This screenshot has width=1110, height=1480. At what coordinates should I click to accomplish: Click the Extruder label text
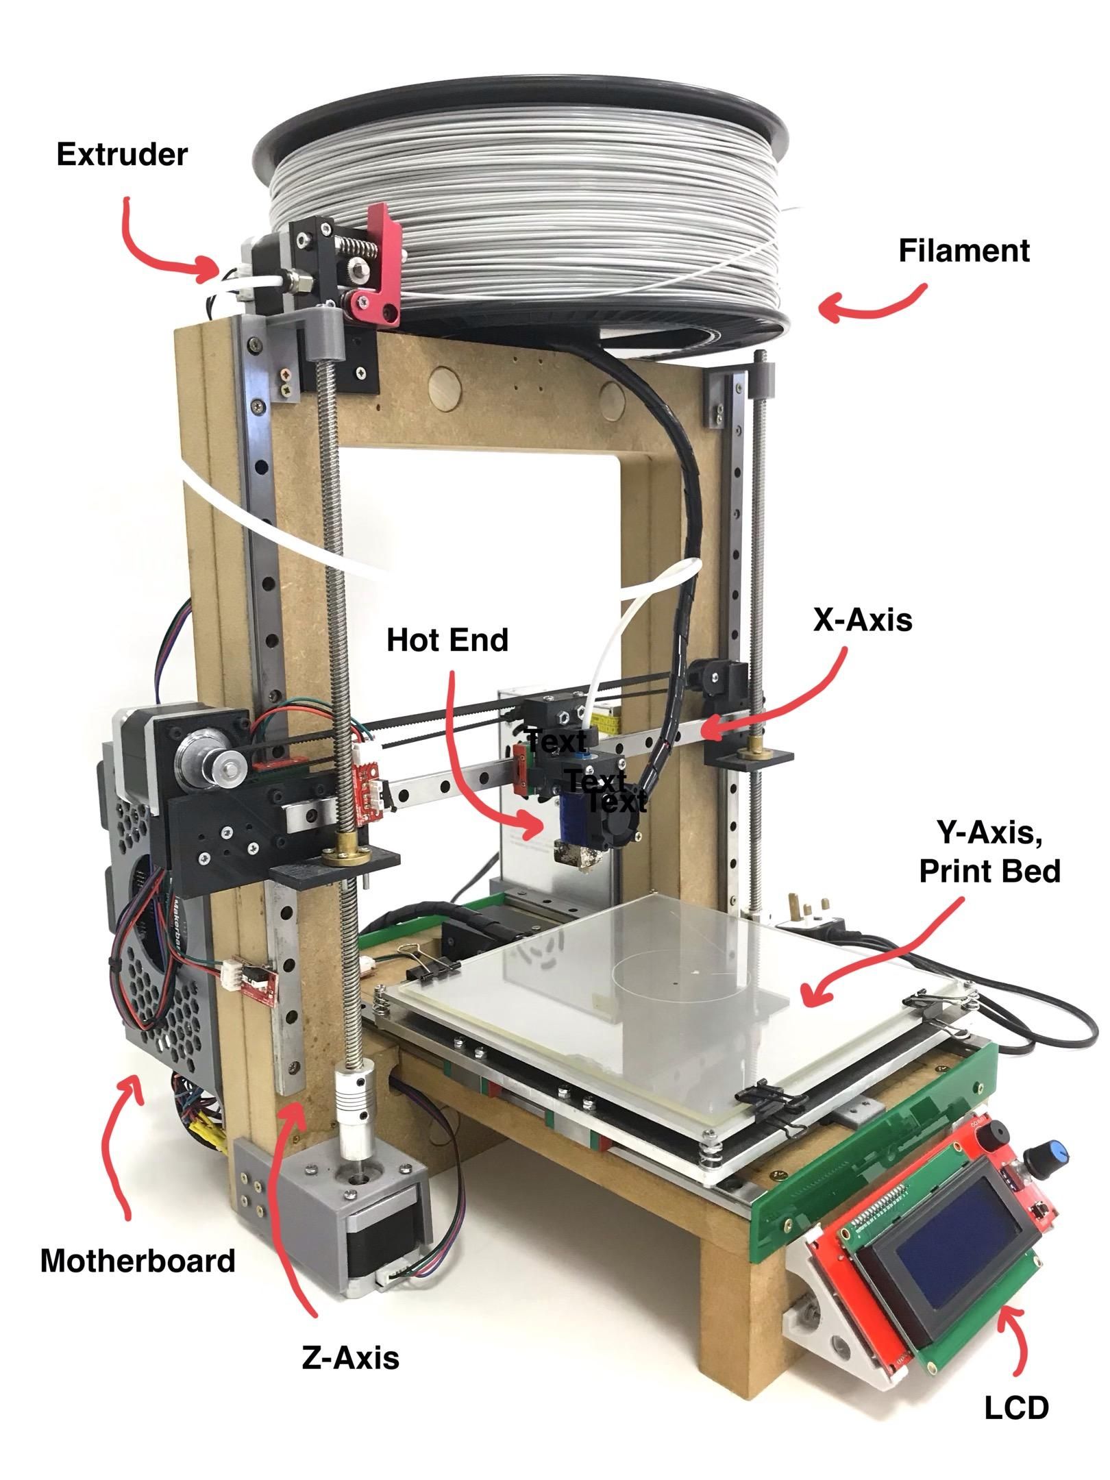[x=121, y=155]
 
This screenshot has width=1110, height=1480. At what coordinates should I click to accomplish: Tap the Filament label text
[x=963, y=251]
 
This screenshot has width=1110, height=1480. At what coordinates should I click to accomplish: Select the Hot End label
[x=447, y=640]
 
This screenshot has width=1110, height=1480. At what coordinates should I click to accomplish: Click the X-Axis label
[x=863, y=619]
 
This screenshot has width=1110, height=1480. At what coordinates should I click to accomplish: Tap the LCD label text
[x=1016, y=1407]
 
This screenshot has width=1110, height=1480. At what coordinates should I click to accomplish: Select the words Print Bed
[x=989, y=872]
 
